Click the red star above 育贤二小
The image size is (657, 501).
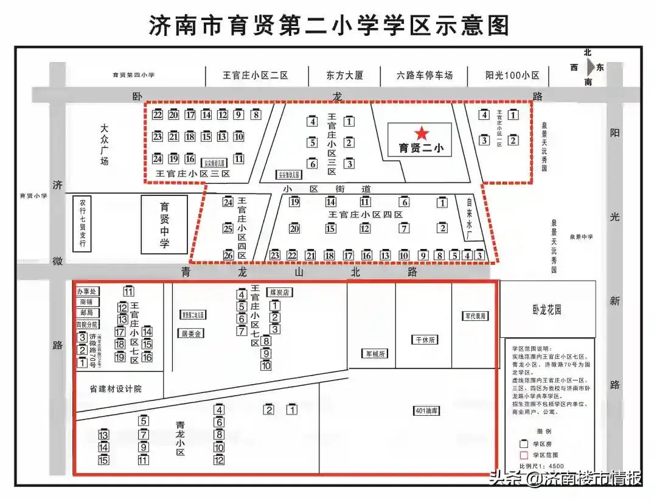pos(422,133)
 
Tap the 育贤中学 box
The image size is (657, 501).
pos(164,225)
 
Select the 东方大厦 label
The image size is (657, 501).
pos(344,75)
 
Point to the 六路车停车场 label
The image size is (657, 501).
pos(425,75)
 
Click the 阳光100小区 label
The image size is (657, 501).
pos(512,75)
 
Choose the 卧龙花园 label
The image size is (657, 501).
pos(546,310)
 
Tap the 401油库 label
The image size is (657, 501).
pos(426,410)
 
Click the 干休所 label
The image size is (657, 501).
pos(425,340)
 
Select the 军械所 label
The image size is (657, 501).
pos(375,354)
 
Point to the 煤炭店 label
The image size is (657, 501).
pos(279,292)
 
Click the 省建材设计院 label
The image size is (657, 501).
pos(116,388)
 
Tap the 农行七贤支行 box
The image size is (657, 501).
pos(82,223)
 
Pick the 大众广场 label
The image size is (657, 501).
pos(104,145)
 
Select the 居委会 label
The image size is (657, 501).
pos(190,334)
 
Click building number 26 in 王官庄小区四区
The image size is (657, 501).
pos(228,255)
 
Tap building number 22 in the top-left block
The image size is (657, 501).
pos(158,114)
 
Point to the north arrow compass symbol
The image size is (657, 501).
pos(588,67)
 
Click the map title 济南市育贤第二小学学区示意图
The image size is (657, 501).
pos(328,26)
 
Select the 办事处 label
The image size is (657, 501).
pos(87,292)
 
